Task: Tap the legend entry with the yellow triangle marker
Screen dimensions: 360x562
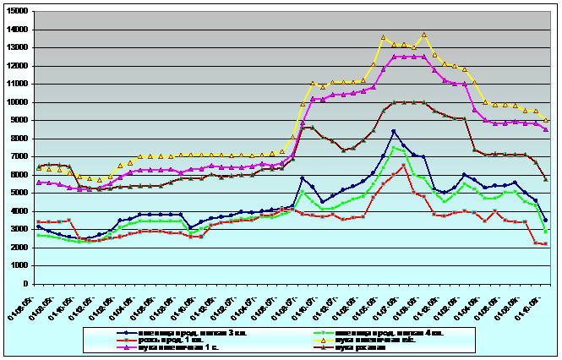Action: tap(371, 340)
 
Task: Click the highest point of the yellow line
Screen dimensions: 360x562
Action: tap(423, 35)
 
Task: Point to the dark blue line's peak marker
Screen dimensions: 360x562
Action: tap(394, 131)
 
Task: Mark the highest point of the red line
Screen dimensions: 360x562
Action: tap(404, 165)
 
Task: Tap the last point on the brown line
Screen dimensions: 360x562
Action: tap(545, 179)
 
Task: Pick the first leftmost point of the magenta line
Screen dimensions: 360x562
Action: tap(39, 183)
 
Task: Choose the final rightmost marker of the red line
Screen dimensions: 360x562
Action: tap(545, 243)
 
